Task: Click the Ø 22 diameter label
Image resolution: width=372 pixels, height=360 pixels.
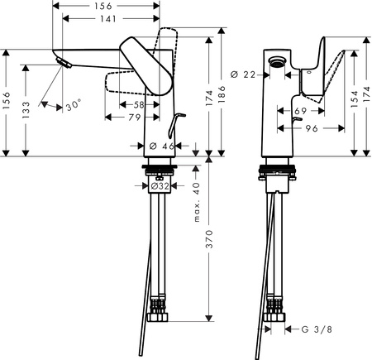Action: pyautogui.click(x=241, y=75)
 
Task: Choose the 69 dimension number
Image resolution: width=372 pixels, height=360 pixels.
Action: pyautogui.click(x=302, y=110)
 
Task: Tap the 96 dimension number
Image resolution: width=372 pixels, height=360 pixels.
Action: pyautogui.click(x=312, y=130)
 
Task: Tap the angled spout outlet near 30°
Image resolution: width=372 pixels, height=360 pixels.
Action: pyautogui.click(x=60, y=64)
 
